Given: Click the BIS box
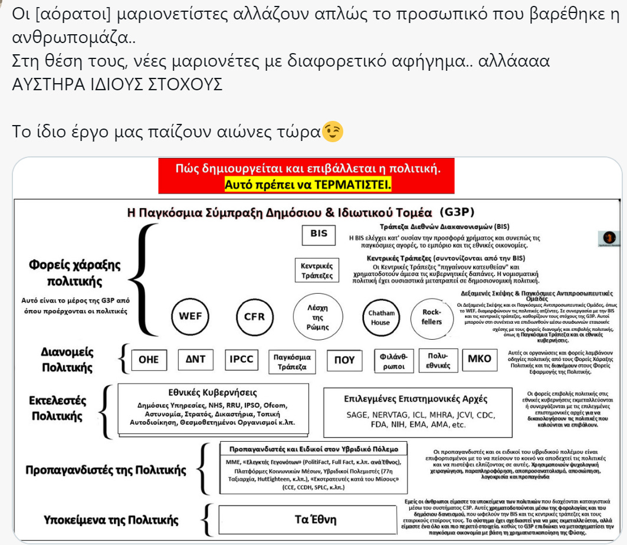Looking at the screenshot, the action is [319, 234].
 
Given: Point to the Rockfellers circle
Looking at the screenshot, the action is [432, 317].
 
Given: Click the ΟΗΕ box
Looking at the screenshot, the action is [149, 360].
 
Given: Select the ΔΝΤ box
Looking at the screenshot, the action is [195, 360].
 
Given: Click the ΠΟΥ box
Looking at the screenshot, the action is [344, 360].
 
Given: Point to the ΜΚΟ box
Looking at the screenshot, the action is [479, 360].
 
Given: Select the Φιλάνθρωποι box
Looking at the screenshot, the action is [393, 361].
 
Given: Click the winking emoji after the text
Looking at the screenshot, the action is [332, 132].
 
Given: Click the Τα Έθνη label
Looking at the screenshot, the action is [316, 520].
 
